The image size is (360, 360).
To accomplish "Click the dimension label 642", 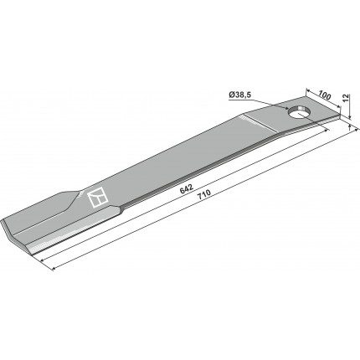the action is coord(187,189).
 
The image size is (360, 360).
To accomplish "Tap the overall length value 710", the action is coord(204,194).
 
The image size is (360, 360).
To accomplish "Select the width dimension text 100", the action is coord(325,95).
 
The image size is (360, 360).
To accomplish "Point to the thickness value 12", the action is coord(346,98).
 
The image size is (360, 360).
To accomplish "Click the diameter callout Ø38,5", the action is coord(240,95).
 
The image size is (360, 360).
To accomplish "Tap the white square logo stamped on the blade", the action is coord(97,198).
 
